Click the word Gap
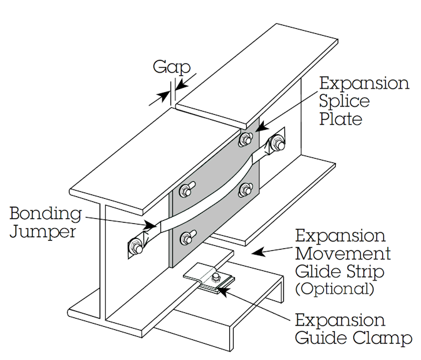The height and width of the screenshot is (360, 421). point(172,68)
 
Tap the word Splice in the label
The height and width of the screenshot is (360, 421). point(345,102)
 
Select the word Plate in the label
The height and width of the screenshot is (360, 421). point(341,119)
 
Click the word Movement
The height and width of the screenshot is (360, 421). point(343,253)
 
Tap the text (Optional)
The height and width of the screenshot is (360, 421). point(335,289)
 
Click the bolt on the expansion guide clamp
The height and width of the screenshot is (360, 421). point(216,278)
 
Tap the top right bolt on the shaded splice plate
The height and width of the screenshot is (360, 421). point(245,139)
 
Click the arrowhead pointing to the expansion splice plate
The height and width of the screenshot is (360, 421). point(261,126)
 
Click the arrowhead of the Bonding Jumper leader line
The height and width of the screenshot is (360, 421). point(150,225)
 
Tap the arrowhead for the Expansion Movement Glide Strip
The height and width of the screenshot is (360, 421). point(258,252)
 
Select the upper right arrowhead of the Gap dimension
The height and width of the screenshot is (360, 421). point(182,83)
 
